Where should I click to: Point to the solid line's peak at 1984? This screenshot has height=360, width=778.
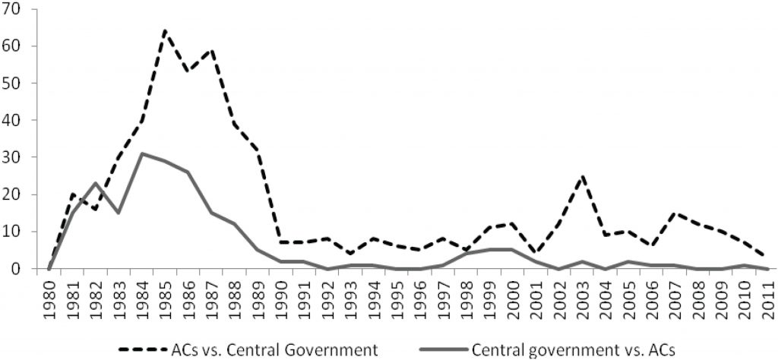tap(141, 153)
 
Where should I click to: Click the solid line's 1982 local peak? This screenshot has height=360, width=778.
tap(95, 183)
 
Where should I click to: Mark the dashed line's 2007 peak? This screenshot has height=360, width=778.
tap(675, 213)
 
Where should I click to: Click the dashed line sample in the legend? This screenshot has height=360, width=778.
tap(145, 349)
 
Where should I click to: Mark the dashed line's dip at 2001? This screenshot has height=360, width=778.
tap(536, 254)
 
